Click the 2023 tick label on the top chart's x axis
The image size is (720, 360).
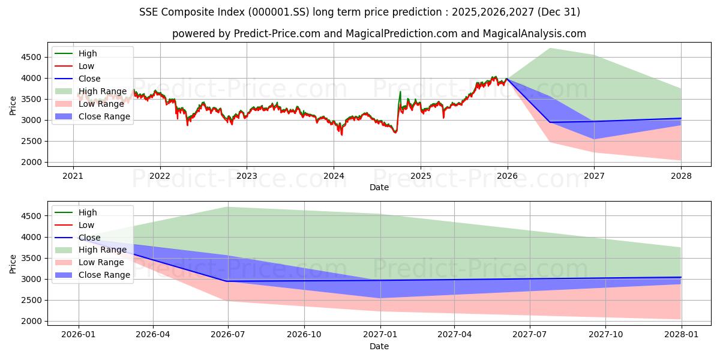[x=247, y=176]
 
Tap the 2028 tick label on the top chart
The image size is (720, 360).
[x=681, y=176]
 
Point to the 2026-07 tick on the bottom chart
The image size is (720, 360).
[x=228, y=335]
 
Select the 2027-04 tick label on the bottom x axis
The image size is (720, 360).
[x=454, y=335]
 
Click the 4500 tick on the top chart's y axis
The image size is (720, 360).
[x=31, y=57]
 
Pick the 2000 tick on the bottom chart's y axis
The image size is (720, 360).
[x=31, y=321]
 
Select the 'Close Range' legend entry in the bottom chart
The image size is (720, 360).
[x=104, y=275]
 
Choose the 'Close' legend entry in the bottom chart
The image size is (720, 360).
[x=89, y=238]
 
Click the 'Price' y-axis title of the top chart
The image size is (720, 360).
[x=13, y=106]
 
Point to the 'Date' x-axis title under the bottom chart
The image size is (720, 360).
[x=379, y=346]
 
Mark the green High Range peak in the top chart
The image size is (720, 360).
[x=550, y=49]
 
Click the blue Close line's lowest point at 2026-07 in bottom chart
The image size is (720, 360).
[x=228, y=281]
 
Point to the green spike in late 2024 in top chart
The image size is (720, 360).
[x=400, y=92]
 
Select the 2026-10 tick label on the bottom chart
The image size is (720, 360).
[x=304, y=335]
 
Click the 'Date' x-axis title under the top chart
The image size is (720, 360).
[x=379, y=187]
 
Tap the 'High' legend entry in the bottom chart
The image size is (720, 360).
[x=88, y=212]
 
